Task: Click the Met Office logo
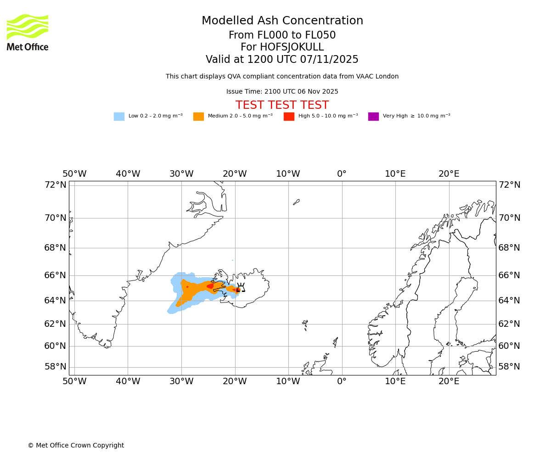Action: click(x=28, y=32)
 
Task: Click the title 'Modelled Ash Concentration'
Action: click(x=282, y=21)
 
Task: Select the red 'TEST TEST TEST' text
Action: click(x=282, y=105)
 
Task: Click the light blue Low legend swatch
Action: click(x=119, y=117)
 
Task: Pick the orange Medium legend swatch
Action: click(x=198, y=117)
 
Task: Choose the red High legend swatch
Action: click(x=289, y=117)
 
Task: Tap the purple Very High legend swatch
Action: click(x=373, y=117)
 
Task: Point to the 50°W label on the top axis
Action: click(x=74, y=174)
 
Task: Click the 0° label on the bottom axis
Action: click(x=342, y=381)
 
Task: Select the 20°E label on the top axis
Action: click(x=449, y=174)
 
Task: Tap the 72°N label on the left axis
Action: click(x=55, y=185)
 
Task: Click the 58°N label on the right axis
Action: click(x=509, y=367)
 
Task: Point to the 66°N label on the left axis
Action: click(x=55, y=275)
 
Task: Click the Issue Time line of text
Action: click(x=282, y=92)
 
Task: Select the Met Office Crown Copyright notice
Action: click(x=76, y=446)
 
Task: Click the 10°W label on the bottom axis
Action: click(x=288, y=381)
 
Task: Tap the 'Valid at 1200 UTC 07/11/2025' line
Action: click(x=282, y=59)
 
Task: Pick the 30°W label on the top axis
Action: click(x=181, y=174)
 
